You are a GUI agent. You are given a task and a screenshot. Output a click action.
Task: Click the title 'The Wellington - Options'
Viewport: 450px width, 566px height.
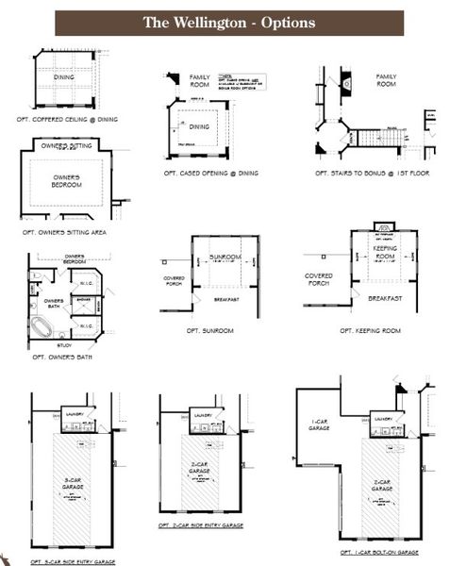228,23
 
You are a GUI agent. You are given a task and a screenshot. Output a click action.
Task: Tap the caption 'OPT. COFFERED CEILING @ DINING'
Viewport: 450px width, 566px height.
67,120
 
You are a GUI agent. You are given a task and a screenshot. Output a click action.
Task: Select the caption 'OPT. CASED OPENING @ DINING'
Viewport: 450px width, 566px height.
210,173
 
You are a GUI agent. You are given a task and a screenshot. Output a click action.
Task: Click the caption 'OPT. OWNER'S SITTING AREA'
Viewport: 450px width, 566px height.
64,231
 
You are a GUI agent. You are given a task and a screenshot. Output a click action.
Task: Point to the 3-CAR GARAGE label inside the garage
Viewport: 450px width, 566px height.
73,483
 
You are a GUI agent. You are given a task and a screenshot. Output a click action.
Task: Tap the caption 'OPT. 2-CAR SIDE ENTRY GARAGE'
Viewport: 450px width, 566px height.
202,524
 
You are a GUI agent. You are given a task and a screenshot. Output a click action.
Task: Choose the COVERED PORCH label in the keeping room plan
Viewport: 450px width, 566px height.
319,279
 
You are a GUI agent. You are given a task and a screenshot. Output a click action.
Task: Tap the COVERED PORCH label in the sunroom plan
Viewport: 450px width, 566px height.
174,280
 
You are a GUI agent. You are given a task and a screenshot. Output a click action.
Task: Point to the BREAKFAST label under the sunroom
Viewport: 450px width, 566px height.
226,299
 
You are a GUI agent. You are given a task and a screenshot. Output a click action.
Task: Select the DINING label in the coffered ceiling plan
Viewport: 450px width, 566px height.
63,77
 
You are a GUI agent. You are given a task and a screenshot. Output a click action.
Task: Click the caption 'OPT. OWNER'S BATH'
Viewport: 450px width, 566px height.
62,358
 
